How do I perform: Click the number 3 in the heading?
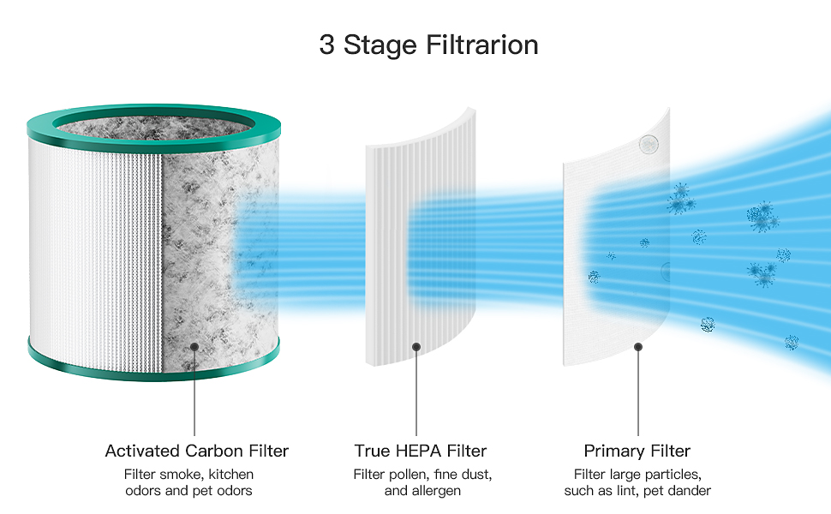(x=326, y=45)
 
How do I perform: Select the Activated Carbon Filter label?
(x=197, y=451)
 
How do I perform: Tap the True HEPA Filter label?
(x=421, y=451)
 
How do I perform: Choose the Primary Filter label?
(x=637, y=451)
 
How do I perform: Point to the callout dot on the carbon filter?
(x=195, y=346)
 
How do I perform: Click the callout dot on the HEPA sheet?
(x=416, y=347)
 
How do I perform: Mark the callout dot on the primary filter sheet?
(x=638, y=347)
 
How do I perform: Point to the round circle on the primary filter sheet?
(x=649, y=144)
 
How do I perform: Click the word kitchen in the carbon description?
(x=230, y=474)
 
